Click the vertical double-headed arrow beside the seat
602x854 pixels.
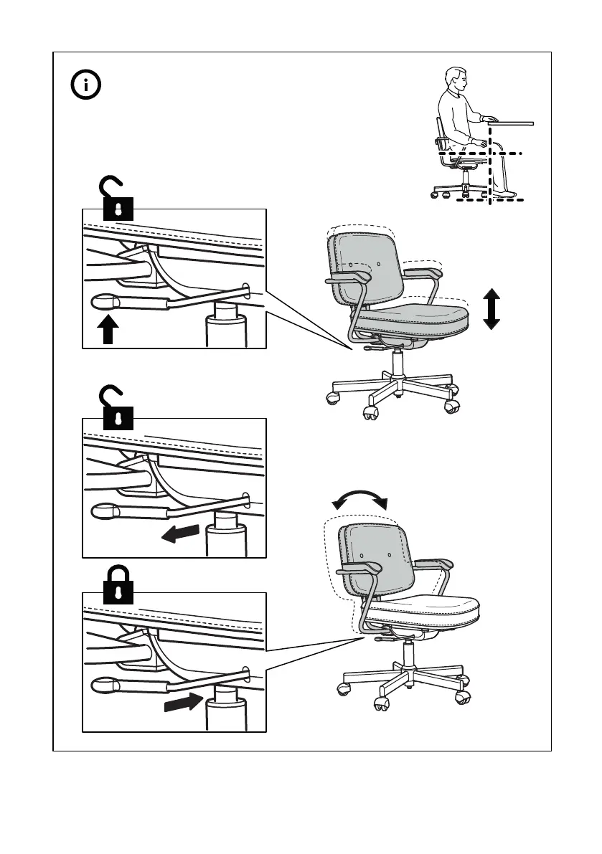[491, 308]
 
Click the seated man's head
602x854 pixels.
[454, 83]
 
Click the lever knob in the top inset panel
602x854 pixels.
[106, 303]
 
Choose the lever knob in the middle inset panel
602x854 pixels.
[106, 511]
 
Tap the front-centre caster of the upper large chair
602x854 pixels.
[371, 412]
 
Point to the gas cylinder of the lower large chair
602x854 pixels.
[409, 655]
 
